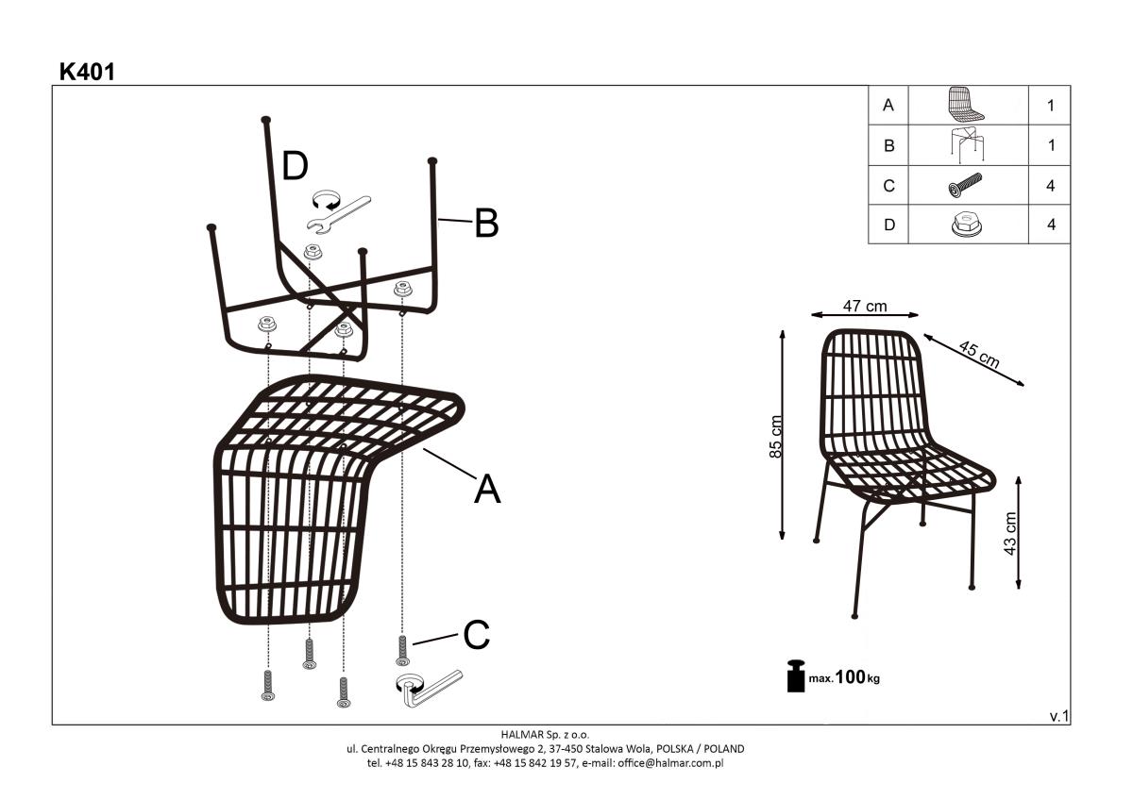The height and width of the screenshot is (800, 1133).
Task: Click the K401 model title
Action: (87, 73)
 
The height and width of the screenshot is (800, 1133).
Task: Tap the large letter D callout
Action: (295, 166)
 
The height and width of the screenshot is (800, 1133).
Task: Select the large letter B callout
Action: (486, 223)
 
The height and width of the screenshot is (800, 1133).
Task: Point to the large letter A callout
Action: (487, 489)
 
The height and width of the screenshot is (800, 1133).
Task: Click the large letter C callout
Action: (477, 635)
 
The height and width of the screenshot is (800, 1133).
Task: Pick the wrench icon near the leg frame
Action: (338, 215)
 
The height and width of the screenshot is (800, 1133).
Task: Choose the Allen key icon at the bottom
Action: (429, 689)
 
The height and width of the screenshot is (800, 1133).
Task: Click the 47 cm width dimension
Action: (865, 307)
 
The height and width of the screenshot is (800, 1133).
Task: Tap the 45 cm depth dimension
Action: (979, 355)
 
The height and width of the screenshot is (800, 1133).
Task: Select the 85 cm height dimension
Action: (775, 437)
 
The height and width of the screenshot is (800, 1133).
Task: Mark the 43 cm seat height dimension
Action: (1009, 534)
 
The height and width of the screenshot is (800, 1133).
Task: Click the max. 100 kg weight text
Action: (844, 677)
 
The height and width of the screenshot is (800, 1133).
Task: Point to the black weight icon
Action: (796, 675)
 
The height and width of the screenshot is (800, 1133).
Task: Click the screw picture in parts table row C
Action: (965, 185)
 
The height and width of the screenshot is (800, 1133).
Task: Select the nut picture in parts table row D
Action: (967, 225)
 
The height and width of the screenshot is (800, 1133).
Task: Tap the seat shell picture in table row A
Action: (965, 105)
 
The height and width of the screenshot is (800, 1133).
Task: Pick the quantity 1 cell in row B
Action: (1051, 145)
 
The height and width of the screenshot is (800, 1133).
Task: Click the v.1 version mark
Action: (1059, 716)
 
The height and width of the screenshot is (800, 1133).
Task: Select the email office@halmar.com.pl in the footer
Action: (670, 763)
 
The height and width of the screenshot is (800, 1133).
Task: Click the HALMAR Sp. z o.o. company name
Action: (546, 734)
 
